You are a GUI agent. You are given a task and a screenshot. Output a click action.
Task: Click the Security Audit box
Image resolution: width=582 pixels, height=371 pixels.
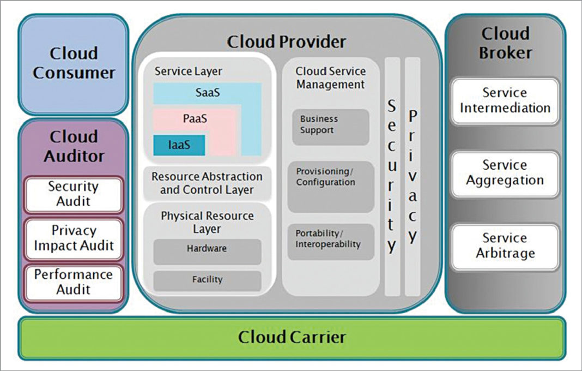(x=73, y=194)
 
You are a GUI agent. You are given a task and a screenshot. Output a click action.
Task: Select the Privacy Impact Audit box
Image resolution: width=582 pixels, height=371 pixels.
(x=73, y=238)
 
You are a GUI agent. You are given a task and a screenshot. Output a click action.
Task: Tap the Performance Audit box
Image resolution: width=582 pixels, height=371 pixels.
(x=73, y=282)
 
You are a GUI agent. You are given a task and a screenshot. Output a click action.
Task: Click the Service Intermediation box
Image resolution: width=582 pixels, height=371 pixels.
(x=505, y=100)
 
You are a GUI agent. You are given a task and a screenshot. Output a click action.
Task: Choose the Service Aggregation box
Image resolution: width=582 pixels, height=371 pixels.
(x=505, y=173)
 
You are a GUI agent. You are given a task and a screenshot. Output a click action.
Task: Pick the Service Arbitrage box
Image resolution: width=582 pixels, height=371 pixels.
(x=505, y=246)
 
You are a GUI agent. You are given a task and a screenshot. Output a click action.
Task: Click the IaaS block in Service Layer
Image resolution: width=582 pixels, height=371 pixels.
(x=179, y=145)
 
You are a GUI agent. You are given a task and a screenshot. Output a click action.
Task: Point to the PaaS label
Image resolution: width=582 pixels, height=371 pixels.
(x=195, y=118)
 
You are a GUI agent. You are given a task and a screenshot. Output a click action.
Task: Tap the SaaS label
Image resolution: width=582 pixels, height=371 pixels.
(x=207, y=93)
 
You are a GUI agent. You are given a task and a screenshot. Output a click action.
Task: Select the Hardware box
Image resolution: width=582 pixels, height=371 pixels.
(x=207, y=249)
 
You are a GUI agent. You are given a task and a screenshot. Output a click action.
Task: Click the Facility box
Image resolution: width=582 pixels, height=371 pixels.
(x=207, y=280)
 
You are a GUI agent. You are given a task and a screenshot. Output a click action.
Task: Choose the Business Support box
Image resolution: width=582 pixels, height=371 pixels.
(x=330, y=125)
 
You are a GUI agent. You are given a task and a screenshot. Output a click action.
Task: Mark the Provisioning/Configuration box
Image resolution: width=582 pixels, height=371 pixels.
(x=330, y=185)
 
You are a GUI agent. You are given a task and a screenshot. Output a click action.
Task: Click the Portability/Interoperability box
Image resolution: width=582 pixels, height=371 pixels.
(x=330, y=241)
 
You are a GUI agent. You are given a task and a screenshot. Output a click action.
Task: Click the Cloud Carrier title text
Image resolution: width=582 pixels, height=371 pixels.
(x=292, y=337)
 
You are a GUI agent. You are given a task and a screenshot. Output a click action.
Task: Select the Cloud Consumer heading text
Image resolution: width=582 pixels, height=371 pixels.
(x=74, y=63)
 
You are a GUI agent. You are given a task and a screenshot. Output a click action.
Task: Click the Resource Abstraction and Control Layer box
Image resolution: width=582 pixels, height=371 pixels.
(x=207, y=184)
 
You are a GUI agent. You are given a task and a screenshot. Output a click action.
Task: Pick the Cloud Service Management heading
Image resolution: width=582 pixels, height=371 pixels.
(x=330, y=78)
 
